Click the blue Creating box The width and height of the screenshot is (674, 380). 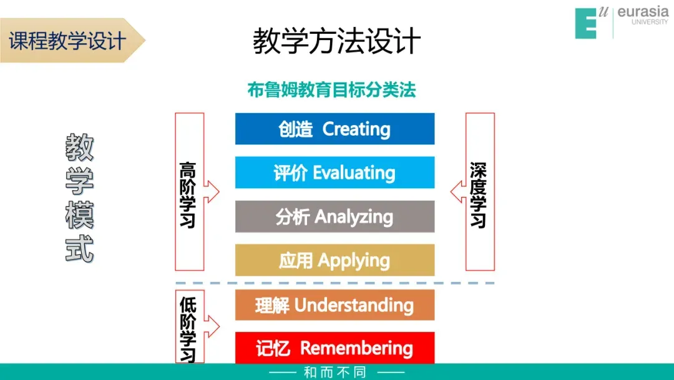click(x=335, y=129)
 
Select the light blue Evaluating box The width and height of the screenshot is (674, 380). click(x=335, y=172)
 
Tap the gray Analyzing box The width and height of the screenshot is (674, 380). click(x=335, y=216)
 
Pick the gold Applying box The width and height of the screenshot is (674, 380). click(x=335, y=260)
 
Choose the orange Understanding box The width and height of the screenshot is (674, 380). click(x=335, y=305)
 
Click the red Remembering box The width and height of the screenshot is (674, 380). click(x=335, y=347)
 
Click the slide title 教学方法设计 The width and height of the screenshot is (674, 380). click(x=337, y=41)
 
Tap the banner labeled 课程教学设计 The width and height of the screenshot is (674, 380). click(x=69, y=41)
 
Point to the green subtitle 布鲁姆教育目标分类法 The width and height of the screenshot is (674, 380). click(x=331, y=90)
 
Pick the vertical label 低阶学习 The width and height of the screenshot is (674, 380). click(x=187, y=329)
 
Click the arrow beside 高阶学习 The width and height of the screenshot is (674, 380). click(x=212, y=192)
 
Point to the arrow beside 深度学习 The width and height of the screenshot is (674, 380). click(x=457, y=192)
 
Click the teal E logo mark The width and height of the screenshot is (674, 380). click(x=587, y=23)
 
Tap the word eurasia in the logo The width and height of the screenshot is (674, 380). click(x=642, y=12)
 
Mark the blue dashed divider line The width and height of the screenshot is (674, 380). click(x=335, y=283)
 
